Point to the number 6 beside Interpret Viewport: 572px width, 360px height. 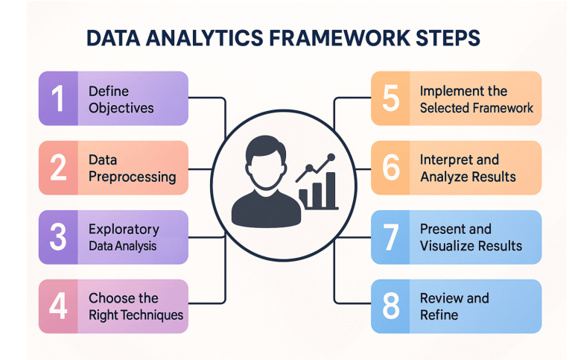coord(391,168)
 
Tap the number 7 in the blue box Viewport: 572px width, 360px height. coord(391,237)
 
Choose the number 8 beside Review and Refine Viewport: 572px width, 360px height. coord(391,306)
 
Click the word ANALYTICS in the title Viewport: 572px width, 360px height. coord(205,40)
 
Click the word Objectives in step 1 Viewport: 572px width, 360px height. coord(121,108)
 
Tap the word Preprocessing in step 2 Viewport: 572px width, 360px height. coord(132,177)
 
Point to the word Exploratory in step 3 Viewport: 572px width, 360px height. coord(124,229)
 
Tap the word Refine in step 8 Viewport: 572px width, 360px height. coord(439,315)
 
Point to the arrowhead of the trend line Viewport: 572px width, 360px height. coord(331,157)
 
